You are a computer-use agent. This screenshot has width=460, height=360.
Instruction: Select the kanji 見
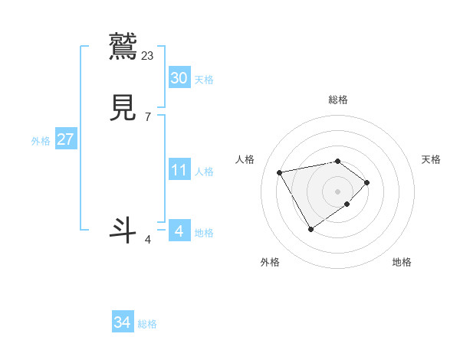click(x=124, y=108)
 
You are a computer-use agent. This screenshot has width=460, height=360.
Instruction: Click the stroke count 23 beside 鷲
click(x=148, y=55)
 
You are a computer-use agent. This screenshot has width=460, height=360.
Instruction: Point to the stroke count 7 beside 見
click(x=148, y=117)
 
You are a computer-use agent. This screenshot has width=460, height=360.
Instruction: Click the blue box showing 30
click(x=179, y=78)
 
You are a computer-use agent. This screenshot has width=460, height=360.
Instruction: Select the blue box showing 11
click(x=179, y=170)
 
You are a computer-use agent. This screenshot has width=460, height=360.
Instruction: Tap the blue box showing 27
click(x=65, y=140)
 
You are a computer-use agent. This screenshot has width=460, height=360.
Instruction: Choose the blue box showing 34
click(x=122, y=323)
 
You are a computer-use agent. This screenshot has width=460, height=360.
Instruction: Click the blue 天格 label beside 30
click(x=204, y=80)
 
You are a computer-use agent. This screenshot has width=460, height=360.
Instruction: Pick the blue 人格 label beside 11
click(x=204, y=172)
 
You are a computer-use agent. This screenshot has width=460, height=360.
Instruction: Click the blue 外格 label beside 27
click(x=41, y=141)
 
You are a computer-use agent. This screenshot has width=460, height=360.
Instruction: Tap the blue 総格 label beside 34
click(x=147, y=324)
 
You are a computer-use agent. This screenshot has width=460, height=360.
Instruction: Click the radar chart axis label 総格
click(x=338, y=100)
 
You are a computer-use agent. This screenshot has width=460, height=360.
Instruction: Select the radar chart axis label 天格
click(x=431, y=159)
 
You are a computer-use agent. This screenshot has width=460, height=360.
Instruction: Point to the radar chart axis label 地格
click(x=402, y=262)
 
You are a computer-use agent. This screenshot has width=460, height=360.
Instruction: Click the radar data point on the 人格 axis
click(x=280, y=172)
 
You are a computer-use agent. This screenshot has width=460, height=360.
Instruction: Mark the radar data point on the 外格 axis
click(x=310, y=229)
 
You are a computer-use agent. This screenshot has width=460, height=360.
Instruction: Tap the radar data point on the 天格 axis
click(x=368, y=182)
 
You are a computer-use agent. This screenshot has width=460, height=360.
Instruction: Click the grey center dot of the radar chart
click(x=338, y=191)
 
